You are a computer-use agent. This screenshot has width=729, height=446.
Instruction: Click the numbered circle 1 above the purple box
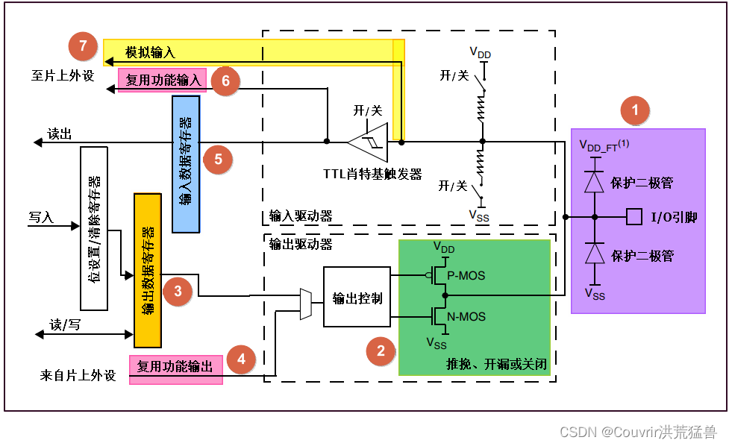[636, 112]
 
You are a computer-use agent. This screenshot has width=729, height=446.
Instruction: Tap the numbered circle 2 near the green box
[381, 351]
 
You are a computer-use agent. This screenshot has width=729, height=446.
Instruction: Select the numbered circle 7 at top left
[83, 46]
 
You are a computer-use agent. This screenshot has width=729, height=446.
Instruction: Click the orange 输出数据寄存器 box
[147, 270]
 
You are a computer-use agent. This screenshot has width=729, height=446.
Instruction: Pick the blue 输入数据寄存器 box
[186, 163]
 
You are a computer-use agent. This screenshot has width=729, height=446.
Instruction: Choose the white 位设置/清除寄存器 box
[94, 227]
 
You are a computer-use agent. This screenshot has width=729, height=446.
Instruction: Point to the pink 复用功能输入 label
[163, 80]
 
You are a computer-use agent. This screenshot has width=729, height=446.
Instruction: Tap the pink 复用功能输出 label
[175, 367]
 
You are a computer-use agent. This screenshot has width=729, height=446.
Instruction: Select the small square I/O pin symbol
[634, 217]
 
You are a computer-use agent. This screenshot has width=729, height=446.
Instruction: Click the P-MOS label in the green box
[466, 275]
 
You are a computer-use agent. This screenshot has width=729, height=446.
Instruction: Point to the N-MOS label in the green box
[466, 317]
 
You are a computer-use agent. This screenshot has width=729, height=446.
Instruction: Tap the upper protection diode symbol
[594, 182]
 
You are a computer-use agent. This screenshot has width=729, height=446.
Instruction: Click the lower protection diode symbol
[594, 254]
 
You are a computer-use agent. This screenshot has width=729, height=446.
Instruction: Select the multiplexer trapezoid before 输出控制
[306, 304]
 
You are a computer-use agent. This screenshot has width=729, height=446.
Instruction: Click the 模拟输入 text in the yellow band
[149, 52]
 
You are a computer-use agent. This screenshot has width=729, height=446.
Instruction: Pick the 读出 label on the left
[60, 134]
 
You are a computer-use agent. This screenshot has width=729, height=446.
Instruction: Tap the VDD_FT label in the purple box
[604, 145]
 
